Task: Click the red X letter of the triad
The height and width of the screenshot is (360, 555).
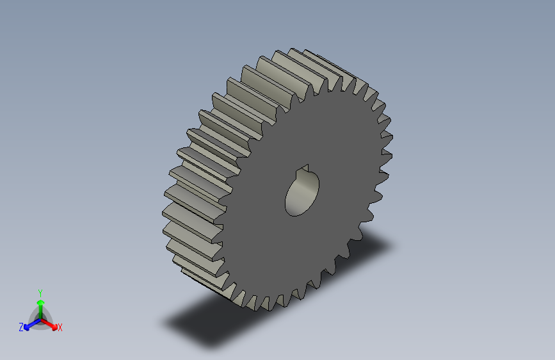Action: point(60,327)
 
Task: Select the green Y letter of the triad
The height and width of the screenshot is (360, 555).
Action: point(40,291)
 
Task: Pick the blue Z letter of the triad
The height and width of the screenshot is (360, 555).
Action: point(21,327)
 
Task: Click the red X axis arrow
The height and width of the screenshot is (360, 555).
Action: point(51,323)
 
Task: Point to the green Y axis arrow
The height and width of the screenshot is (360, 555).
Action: point(40,304)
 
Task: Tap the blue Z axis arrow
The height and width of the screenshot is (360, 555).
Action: point(29,325)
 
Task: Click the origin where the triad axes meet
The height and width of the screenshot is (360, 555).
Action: point(40,318)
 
